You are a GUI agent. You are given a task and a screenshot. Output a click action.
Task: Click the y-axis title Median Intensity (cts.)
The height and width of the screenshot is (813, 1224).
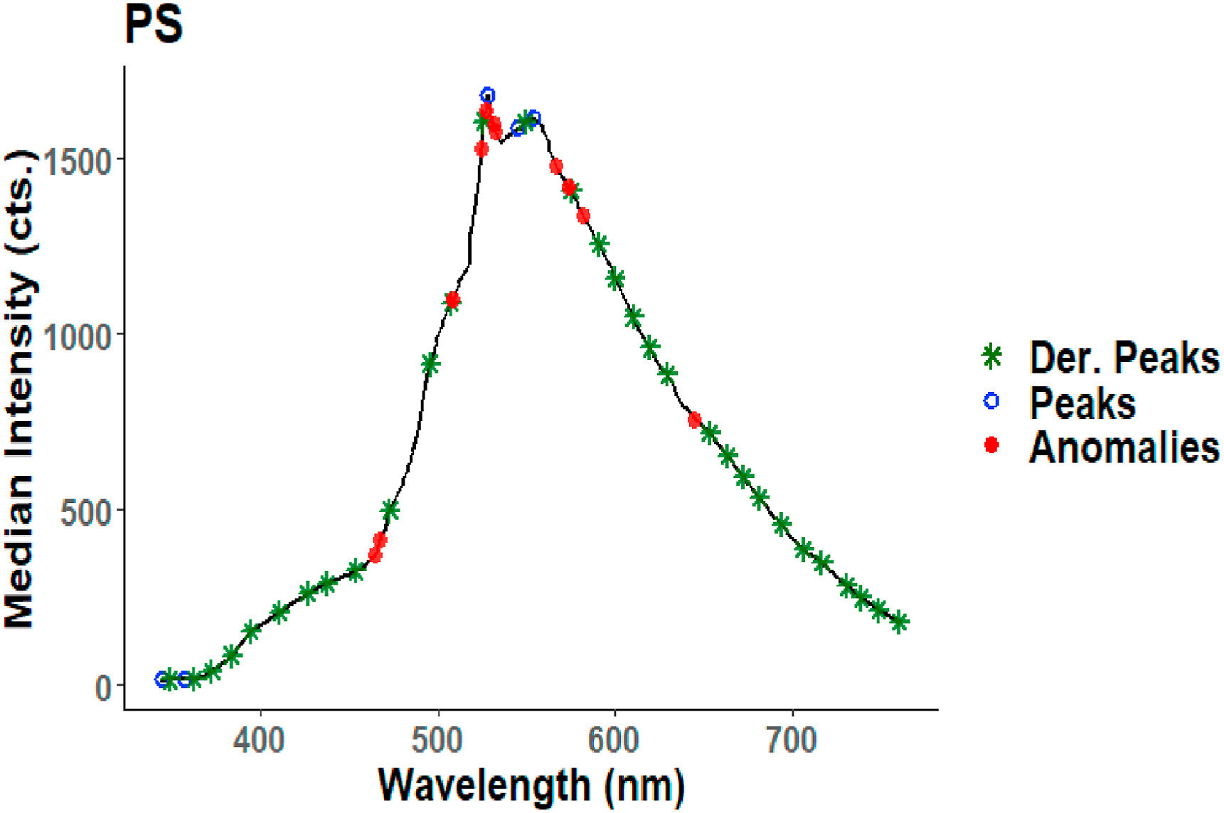coord(20,389)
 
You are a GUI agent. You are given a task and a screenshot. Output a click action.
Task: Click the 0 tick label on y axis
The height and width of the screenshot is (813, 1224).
coord(104,687)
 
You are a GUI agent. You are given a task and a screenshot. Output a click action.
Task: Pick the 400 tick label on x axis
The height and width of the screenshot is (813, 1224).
coord(260,740)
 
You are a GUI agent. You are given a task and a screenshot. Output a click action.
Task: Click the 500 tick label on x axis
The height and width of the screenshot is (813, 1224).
coord(438,740)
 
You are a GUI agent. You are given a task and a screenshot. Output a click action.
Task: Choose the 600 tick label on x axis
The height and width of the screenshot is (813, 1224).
coord(614,740)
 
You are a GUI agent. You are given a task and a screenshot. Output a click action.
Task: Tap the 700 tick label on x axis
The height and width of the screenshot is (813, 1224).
coord(792,740)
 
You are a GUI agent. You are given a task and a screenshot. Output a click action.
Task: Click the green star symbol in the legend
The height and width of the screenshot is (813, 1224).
coord(991,356)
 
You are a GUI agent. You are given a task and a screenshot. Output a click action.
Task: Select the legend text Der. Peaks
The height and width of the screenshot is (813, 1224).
coord(1124,357)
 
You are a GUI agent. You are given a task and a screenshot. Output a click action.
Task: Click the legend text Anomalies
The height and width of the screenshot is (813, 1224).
coord(1124,447)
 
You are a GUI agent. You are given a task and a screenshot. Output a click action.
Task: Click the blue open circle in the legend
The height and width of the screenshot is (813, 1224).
coord(991,401)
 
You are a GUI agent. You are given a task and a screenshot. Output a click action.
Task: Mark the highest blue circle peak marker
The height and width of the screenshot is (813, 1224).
coord(487,95)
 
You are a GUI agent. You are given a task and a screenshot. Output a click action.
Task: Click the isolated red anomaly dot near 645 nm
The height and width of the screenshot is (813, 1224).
coord(695,420)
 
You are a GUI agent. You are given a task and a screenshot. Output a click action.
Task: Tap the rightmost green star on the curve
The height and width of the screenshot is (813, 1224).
coord(900,622)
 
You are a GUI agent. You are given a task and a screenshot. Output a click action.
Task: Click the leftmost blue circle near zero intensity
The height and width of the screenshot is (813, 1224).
coord(162,679)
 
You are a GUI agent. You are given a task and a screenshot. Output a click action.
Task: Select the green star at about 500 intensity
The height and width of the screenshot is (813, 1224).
coord(390,509)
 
